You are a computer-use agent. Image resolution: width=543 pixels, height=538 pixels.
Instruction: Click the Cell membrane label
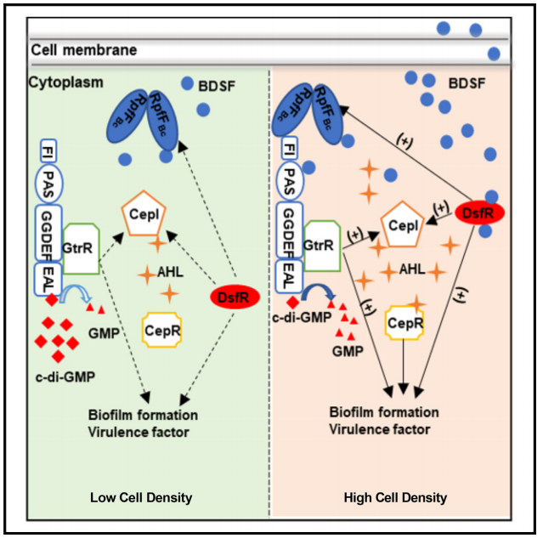pos(83,51)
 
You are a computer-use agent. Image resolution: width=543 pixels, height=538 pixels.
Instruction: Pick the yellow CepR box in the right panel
pos(404,324)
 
